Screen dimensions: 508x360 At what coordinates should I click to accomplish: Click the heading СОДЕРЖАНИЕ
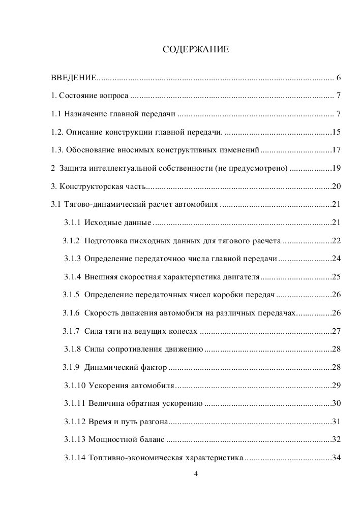pos(196,50)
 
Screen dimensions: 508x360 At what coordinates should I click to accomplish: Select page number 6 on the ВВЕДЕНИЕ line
pos(338,78)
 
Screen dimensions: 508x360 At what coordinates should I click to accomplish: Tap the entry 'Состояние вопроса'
pos(94,96)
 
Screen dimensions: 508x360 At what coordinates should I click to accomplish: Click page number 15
pos(336,132)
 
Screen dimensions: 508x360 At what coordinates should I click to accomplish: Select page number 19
pos(336,168)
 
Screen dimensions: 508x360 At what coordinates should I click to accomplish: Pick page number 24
pos(336,259)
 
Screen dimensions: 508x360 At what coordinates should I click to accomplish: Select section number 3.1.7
pos(72,331)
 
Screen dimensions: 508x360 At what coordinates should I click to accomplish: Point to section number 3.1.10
pos(74,385)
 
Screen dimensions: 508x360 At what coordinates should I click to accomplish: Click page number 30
pos(336,403)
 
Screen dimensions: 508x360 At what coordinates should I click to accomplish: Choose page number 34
pos(336,457)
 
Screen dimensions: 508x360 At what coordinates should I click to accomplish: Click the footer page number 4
pos(196,474)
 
